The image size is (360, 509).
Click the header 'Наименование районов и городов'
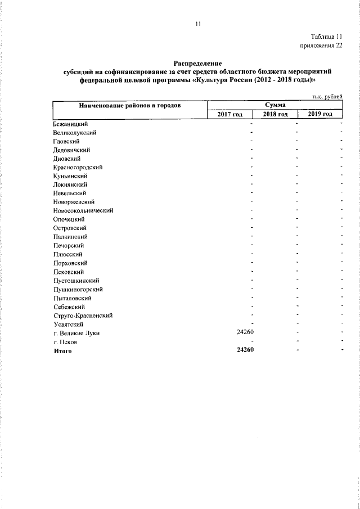coord(129,106)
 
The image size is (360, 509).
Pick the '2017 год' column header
coord(229,114)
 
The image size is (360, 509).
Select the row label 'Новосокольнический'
coord(83,210)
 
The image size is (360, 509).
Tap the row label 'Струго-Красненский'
coord(83,316)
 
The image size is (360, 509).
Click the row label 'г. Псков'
coord(65,342)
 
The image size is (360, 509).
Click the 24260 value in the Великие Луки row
coord(247,333)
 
